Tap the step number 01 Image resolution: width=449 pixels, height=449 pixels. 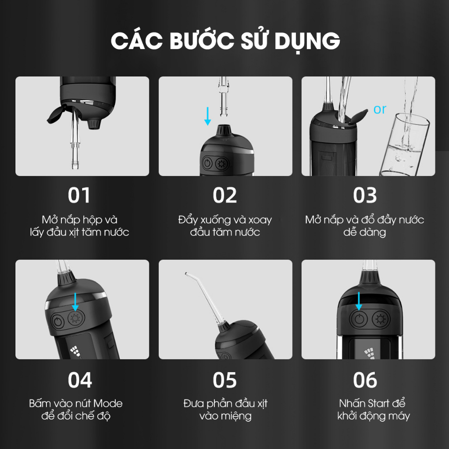tap(79, 195)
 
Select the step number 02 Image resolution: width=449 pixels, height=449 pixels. tap(224, 195)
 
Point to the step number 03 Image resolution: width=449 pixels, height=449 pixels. tap(365, 195)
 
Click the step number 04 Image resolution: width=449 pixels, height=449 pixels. tap(80, 380)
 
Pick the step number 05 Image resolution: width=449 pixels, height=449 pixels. tap(224, 380)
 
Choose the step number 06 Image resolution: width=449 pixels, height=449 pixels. tap(365, 380)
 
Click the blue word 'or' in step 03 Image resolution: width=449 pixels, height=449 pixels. tap(380, 109)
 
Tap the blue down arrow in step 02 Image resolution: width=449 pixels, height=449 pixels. tap(207, 116)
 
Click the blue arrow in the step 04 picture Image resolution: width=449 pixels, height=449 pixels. tap(75, 302)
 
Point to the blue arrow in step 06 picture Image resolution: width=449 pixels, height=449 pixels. tap(359, 301)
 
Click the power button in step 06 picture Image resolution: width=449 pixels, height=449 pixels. tap(359, 319)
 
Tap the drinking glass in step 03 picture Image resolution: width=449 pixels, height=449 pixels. tap(404, 145)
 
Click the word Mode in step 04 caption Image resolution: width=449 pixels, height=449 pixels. tap(108, 403)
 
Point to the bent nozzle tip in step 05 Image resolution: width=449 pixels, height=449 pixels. tap(186, 274)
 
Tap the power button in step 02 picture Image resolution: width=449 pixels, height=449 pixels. tap(207, 164)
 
